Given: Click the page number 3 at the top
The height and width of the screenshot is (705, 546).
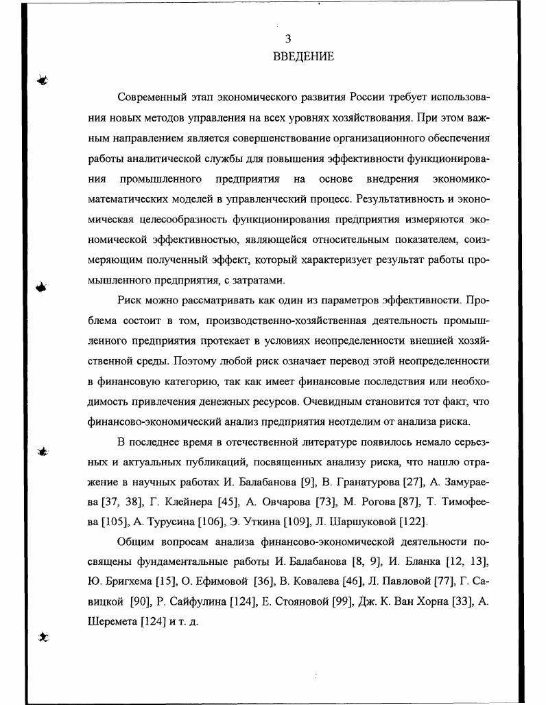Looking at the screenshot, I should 288,39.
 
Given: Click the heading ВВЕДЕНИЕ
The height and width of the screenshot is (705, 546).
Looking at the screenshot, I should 303,57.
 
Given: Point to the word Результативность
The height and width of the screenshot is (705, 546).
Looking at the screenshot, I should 397,199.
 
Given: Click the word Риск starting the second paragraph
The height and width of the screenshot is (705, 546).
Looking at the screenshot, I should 130,301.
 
